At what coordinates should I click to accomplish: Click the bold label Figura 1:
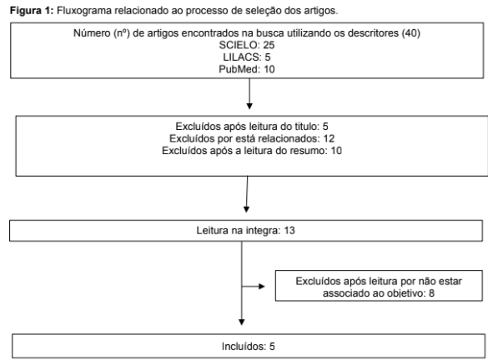pyautogui.click(x=32, y=11)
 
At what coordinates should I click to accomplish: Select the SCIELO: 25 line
pyautogui.click(x=247, y=45)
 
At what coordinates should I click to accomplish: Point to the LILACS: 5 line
pyautogui.click(x=247, y=57)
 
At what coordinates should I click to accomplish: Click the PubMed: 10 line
pyautogui.click(x=247, y=69)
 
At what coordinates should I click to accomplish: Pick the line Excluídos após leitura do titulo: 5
pyautogui.click(x=252, y=127)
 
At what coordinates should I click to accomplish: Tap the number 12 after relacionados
pyautogui.click(x=329, y=138)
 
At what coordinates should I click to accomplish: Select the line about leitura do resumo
pyautogui.click(x=252, y=151)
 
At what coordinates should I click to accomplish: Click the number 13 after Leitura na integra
pyautogui.click(x=289, y=230)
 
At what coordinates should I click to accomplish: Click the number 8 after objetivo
pyautogui.click(x=431, y=293)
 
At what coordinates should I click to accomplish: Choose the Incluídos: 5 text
pyautogui.click(x=249, y=347)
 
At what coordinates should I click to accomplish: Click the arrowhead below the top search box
pyautogui.click(x=249, y=106)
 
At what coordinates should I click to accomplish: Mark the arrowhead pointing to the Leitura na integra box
pyautogui.click(x=246, y=209)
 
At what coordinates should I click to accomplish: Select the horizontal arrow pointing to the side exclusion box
pyautogui.click(x=254, y=287)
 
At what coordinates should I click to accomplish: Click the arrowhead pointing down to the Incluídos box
pyautogui.click(x=242, y=322)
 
